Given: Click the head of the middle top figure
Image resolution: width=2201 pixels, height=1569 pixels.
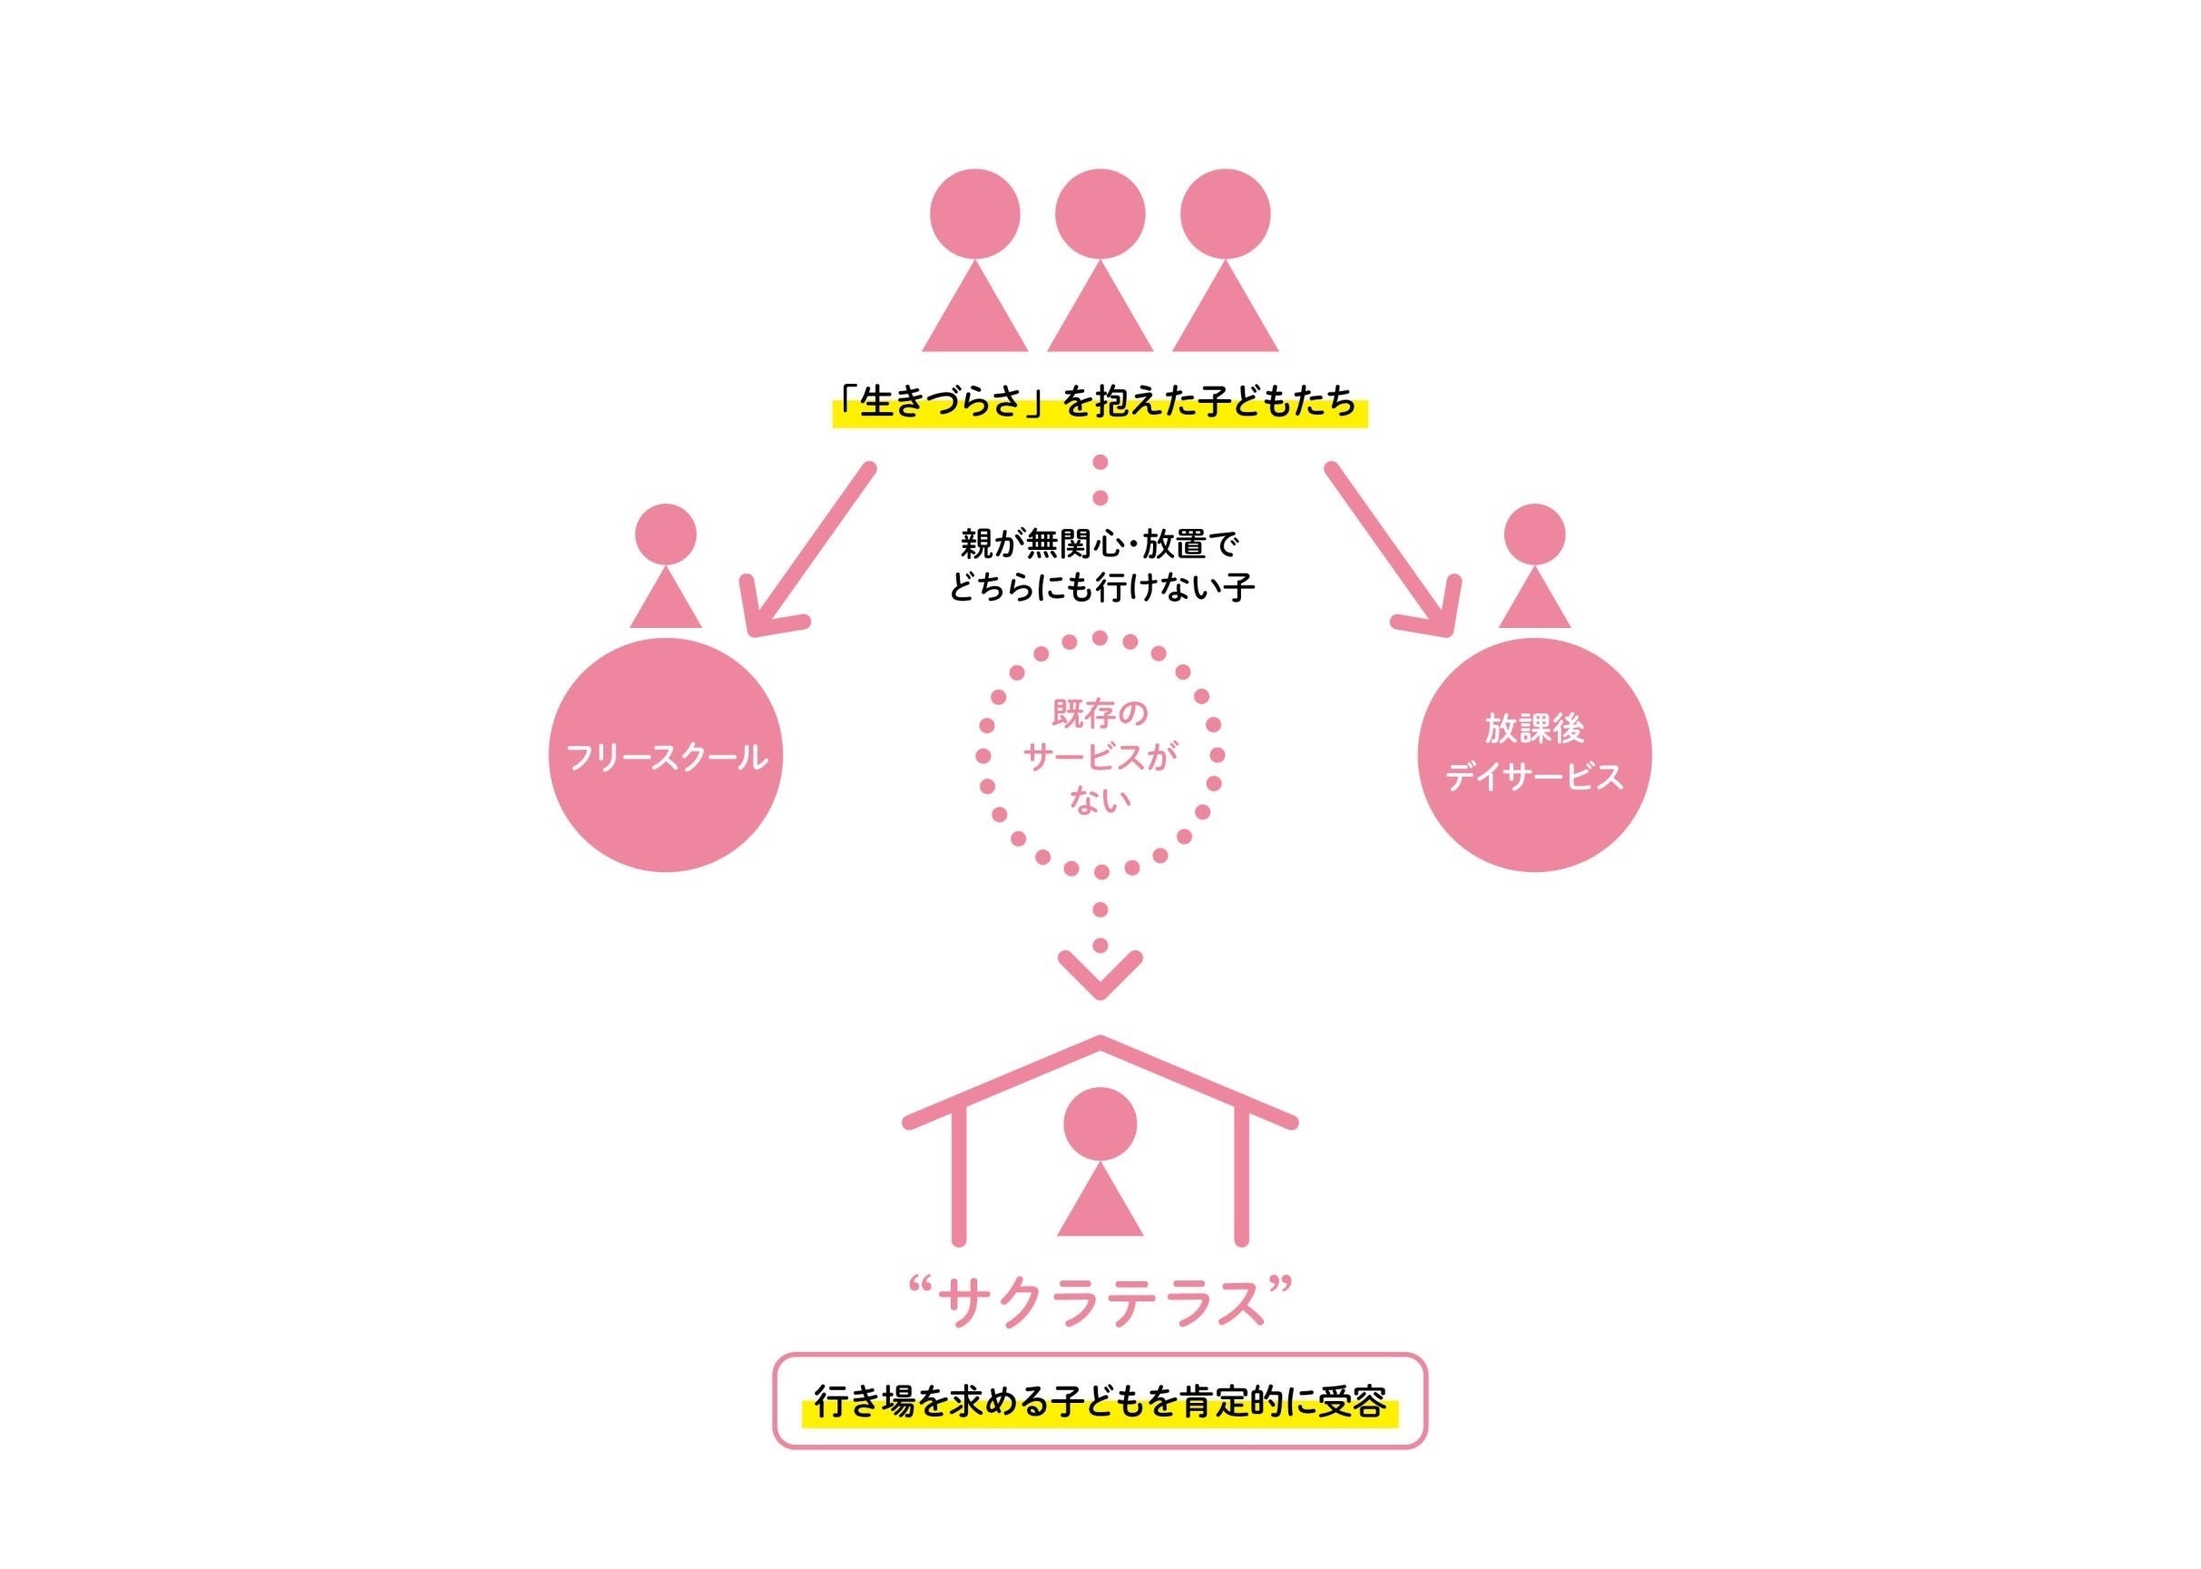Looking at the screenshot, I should click(1100, 213).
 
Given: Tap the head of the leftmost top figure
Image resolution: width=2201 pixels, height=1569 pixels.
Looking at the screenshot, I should click(974, 213).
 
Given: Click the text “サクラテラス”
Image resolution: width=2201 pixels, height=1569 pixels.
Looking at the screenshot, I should click(1100, 1303).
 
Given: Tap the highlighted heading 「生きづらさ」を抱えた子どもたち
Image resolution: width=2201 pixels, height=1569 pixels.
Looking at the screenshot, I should click(1100, 404).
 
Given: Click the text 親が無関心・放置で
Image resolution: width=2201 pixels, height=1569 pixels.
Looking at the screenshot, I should click(1100, 544).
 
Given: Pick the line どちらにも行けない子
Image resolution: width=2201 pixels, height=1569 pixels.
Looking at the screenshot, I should click(1100, 586).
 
